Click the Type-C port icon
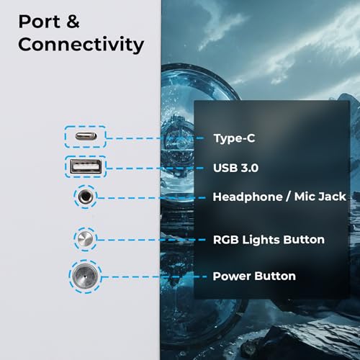coord(86,136)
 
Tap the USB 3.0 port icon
coord(86,166)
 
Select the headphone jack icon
coord(86,197)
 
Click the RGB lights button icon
coord(86,239)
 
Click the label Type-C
coord(234,138)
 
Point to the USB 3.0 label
coord(235,168)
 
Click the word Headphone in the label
coord(248,197)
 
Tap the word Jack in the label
coord(332,197)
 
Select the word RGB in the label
coord(226,240)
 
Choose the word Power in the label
coord(232,276)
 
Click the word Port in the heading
coord(39,22)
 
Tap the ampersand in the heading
coord(73,22)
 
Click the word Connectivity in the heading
coord(81,44)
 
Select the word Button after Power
coord(275,276)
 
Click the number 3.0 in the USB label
coord(250,168)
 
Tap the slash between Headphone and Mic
coord(289,197)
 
